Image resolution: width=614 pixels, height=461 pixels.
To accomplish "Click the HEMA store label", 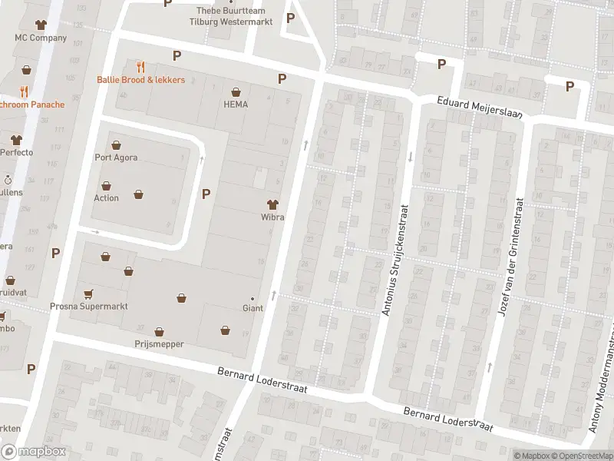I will coord(236,104).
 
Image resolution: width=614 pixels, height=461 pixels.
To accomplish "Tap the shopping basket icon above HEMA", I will coord(236,91).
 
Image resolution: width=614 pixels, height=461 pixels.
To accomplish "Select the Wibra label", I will coord(272,217).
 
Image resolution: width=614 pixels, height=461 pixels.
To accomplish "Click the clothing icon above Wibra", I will coord(272,204).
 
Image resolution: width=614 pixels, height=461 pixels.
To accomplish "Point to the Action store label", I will coord(106,198).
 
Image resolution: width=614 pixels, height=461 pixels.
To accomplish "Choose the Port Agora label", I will coord(116,158).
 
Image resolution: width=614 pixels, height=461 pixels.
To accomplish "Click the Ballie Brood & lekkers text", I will coord(140,80).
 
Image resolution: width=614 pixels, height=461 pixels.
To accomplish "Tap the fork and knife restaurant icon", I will coord(140,67).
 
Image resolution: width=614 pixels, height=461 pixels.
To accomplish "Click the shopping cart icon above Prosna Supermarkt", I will coord(88,294).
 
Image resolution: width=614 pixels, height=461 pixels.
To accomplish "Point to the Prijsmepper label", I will coord(159,344).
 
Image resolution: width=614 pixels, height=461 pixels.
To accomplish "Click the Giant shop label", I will coord(253,308).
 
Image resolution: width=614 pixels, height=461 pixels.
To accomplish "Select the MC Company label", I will coord(41,38).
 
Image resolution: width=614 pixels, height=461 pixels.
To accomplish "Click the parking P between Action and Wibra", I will coord(206,194).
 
